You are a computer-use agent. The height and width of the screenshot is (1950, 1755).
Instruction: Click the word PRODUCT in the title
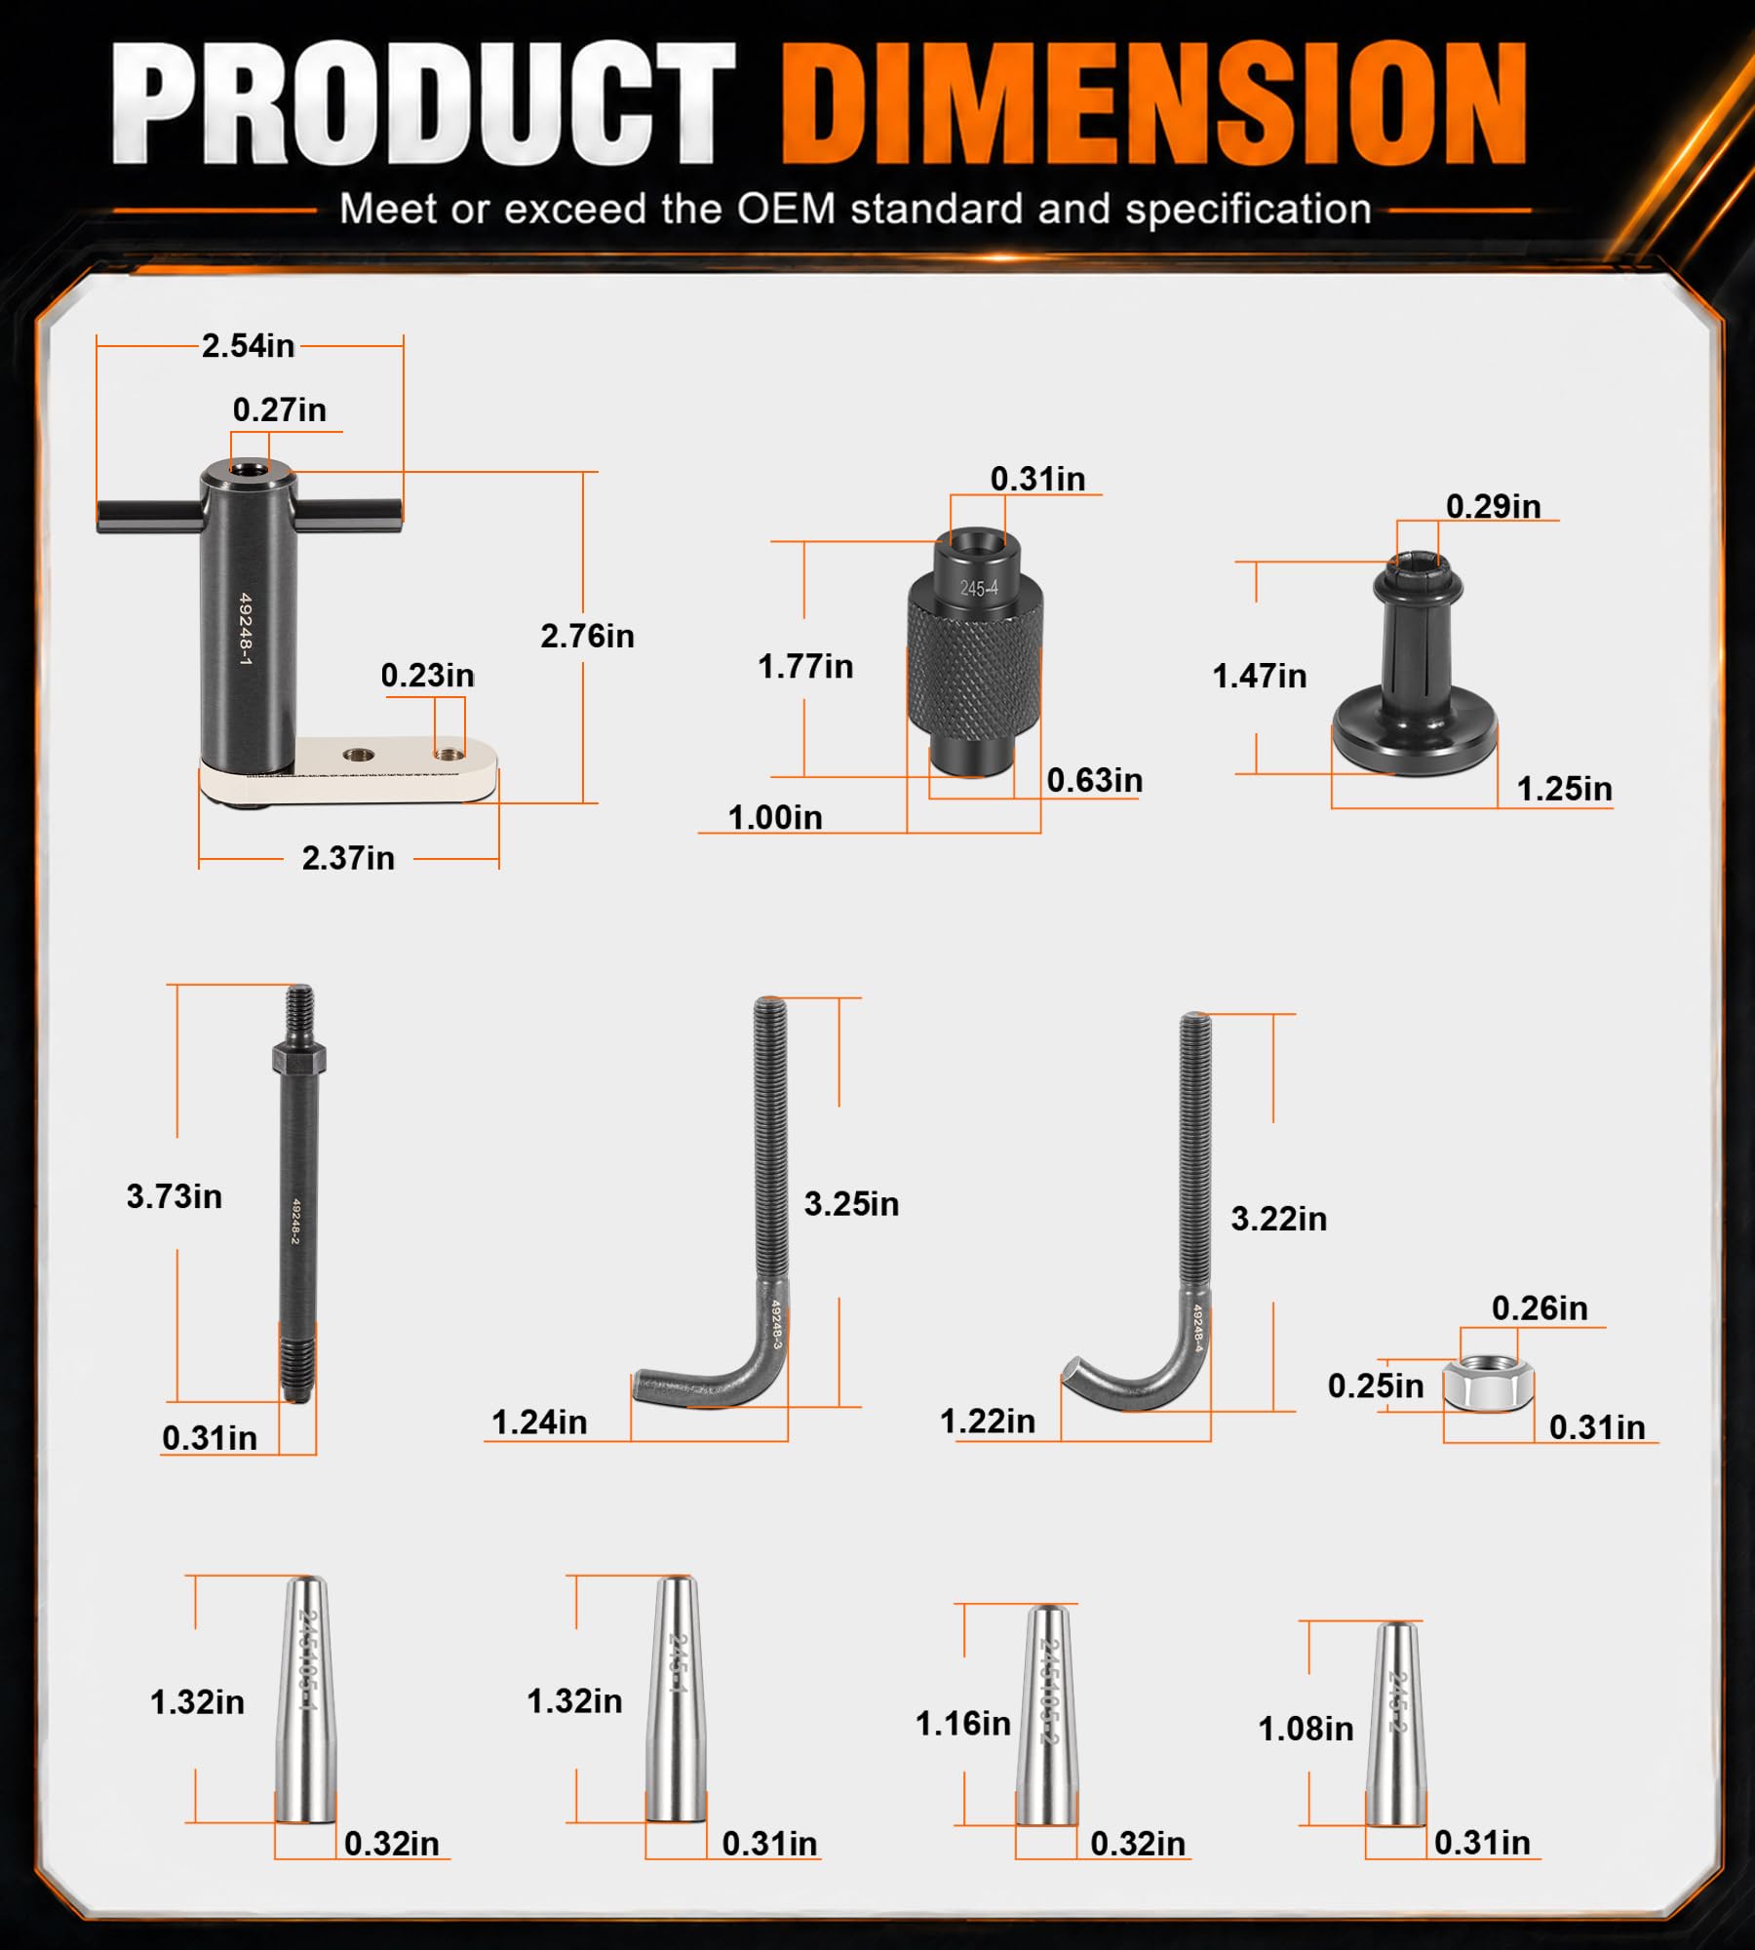pyautogui.click(x=422, y=103)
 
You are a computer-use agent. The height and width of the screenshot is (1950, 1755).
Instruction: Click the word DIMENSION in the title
pyautogui.click(x=1154, y=103)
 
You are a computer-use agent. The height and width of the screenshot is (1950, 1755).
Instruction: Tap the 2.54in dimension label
pyautogui.click(x=248, y=345)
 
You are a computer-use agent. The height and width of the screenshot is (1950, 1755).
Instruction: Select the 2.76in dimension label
pyautogui.click(x=587, y=636)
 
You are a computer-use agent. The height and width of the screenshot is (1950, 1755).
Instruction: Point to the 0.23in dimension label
pyautogui.click(x=427, y=675)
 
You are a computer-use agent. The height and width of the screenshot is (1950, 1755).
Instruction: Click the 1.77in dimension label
pyautogui.click(x=805, y=666)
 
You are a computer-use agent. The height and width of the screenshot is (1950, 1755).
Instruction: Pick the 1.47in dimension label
pyautogui.click(x=1259, y=676)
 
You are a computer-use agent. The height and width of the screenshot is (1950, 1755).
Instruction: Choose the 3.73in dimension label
pyautogui.click(x=175, y=1196)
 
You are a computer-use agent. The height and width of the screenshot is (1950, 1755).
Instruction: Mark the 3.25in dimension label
pyautogui.click(x=851, y=1204)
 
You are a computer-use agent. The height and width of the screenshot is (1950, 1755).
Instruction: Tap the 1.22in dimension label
pyautogui.click(x=987, y=1421)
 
